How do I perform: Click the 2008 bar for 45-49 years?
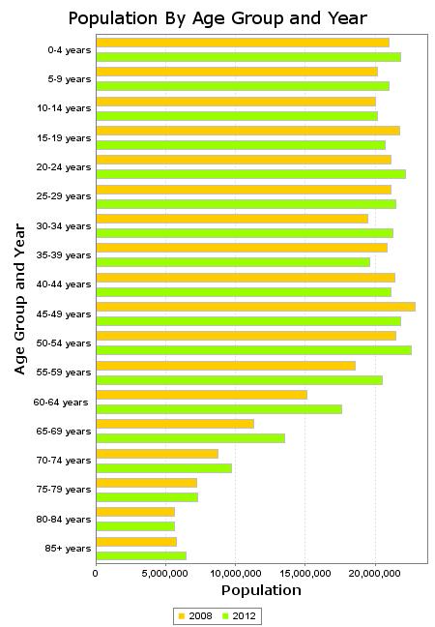click(255, 307)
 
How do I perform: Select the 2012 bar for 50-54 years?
click(253, 350)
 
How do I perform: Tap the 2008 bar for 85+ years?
click(136, 542)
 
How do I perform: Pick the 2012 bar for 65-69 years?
click(190, 438)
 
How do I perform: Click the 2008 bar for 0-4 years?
click(243, 43)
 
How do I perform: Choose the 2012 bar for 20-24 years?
click(251, 174)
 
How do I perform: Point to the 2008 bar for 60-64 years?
click(202, 395)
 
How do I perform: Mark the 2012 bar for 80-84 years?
click(135, 526)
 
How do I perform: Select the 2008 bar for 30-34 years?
click(232, 219)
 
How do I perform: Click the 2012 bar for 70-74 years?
click(163, 468)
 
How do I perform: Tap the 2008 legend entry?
click(195, 615)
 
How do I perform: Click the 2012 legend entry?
click(239, 615)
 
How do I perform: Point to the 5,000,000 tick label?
click(165, 574)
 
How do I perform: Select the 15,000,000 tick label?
click(304, 574)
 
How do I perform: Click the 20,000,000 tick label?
click(375, 574)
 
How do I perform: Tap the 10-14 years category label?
click(64, 108)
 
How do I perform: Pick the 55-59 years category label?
click(64, 373)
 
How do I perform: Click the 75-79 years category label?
click(64, 490)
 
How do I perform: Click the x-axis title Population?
click(261, 590)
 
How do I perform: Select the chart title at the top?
click(217, 18)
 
